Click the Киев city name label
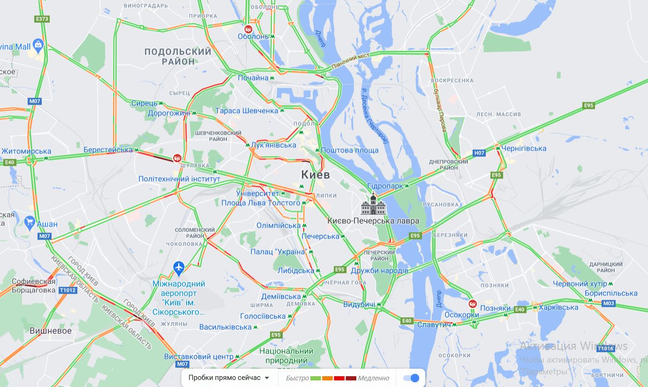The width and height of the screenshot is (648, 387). (x=315, y=175)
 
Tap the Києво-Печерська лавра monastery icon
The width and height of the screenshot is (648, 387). (x=373, y=205)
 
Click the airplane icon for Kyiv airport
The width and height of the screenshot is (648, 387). (x=178, y=269)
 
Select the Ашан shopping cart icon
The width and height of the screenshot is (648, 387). (x=30, y=223)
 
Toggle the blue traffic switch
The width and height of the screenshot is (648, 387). (x=411, y=378)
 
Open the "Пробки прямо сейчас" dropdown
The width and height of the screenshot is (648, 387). (x=229, y=378)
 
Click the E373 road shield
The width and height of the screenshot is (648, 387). (x=42, y=19)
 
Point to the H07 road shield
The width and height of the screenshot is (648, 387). (x=479, y=153)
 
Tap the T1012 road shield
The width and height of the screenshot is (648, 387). (x=68, y=290)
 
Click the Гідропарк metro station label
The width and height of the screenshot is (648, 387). (x=385, y=186)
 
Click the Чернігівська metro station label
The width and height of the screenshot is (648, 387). (x=524, y=148)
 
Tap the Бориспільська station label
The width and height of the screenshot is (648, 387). (x=611, y=293)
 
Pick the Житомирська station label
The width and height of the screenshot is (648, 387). (x=26, y=151)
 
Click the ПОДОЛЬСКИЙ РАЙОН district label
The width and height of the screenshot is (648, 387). (x=178, y=56)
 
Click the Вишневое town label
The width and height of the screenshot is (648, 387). (x=51, y=331)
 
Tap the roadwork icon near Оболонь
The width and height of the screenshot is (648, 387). (x=248, y=29)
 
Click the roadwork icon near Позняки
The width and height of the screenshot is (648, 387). (x=473, y=304)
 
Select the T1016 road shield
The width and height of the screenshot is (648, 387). (x=605, y=348)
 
